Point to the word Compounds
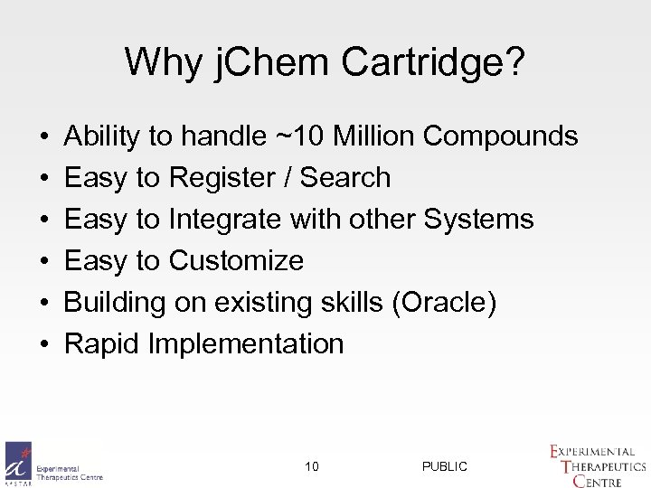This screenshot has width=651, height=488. (500, 136)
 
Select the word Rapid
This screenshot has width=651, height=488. (102, 344)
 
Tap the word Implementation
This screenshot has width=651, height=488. (246, 344)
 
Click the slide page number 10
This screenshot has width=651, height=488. (312, 466)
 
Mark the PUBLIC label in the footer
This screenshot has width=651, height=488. (445, 466)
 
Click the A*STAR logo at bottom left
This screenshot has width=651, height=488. (18, 463)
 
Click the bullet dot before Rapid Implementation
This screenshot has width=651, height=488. (44, 344)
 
